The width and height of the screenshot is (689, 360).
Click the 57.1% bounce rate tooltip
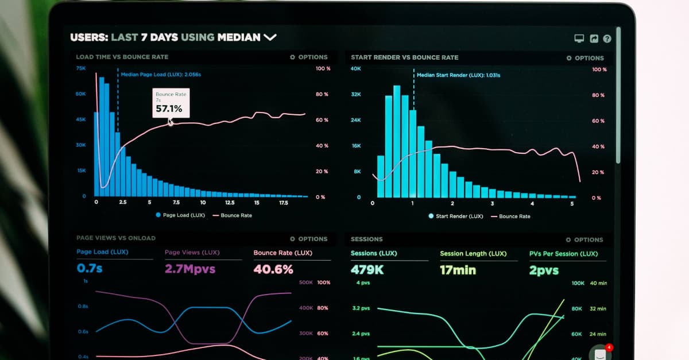click(x=170, y=103)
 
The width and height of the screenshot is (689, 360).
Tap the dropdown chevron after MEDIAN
click(x=270, y=38)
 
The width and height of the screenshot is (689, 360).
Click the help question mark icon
click(x=607, y=39)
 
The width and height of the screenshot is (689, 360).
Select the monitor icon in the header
click(x=579, y=39)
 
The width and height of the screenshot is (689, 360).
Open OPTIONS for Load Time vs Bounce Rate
click(x=309, y=57)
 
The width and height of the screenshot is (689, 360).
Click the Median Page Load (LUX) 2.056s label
click(x=161, y=75)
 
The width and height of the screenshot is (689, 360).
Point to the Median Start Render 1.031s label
click(x=458, y=75)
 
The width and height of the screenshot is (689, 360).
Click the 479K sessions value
click(x=367, y=270)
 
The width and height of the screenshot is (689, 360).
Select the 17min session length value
click(x=458, y=270)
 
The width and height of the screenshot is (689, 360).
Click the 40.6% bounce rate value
click(x=273, y=269)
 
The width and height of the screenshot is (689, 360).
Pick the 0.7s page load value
click(x=90, y=268)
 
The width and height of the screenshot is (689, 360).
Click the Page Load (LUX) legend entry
click(x=180, y=215)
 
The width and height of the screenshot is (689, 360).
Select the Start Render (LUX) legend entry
click(x=455, y=216)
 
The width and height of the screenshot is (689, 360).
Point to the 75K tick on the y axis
click(x=81, y=68)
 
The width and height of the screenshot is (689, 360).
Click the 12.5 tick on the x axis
click(x=230, y=203)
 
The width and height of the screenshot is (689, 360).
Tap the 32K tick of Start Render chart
click(x=356, y=94)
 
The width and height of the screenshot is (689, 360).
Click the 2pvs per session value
click(x=544, y=270)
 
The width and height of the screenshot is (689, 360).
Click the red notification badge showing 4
click(x=609, y=347)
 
